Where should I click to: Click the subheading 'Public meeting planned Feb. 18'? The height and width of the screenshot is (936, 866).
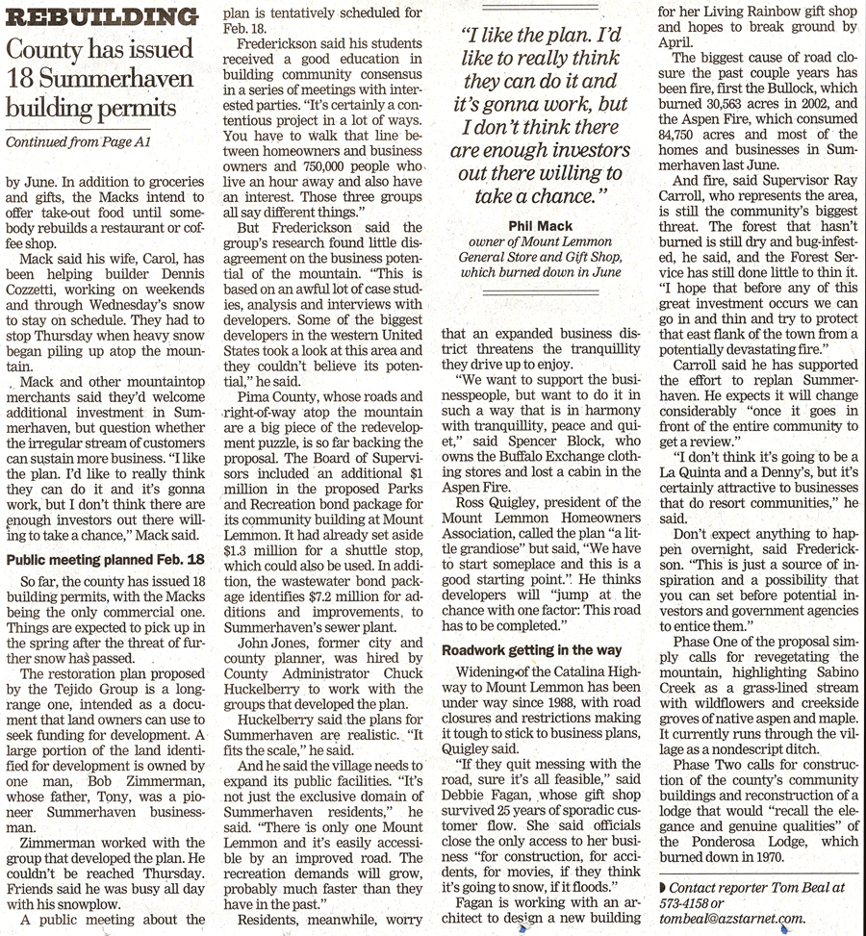pyautogui.click(x=106, y=559)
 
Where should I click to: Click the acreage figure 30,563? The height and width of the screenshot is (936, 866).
pyautogui.click(x=735, y=103)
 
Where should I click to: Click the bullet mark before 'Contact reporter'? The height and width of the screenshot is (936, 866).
pyautogui.click(x=663, y=888)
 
